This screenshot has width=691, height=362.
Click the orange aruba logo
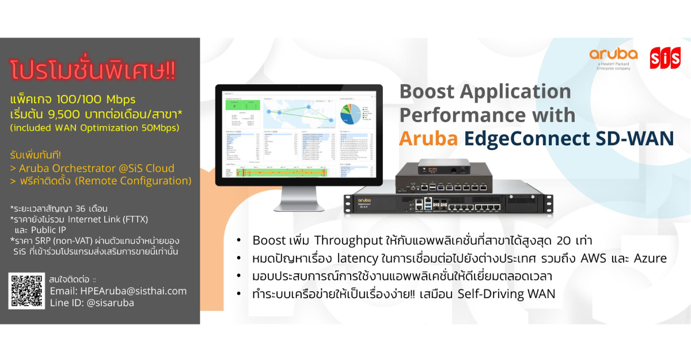click(x=613, y=55)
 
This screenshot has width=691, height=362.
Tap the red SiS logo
click(x=665, y=58)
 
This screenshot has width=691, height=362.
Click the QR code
click(x=26, y=291)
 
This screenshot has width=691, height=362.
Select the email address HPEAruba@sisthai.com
click(x=118, y=291)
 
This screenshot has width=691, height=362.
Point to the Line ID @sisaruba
click(x=92, y=303)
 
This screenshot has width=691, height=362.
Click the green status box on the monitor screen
click(x=241, y=105)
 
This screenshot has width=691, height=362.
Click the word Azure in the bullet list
click(x=648, y=258)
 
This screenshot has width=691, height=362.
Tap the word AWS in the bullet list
click(x=585, y=258)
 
